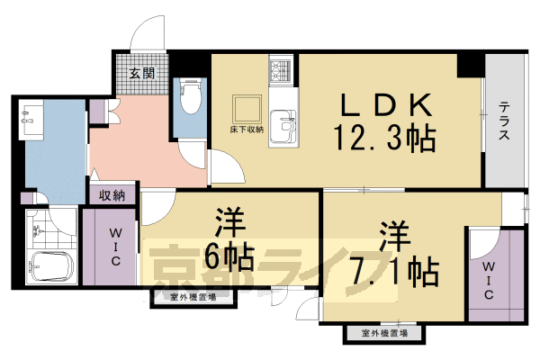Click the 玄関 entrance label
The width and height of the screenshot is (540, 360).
[139, 72]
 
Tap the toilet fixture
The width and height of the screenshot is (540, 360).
[190, 96]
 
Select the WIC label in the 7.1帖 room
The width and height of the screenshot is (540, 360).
[487, 282]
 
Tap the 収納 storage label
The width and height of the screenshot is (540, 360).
[112, 193]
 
